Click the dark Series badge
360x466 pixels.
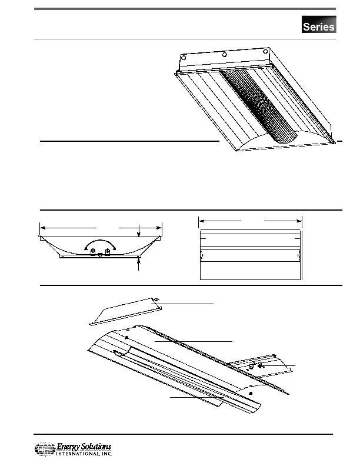[x=319, y=24]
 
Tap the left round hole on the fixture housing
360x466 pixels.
[x=184, y=57]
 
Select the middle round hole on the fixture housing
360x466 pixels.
[x=225, y=54]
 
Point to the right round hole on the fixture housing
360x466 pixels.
[x=265, y=51]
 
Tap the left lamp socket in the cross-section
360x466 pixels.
[x=93, y=252]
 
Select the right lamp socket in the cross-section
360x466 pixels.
[x=108, y=252]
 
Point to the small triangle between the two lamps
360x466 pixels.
[x=101, y=255]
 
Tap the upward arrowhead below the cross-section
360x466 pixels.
[x=139, y=261]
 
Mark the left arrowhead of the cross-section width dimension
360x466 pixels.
[x=43, y=228]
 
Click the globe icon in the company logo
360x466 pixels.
[x=45, y=449]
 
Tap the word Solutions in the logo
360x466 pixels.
[x=96, y=447]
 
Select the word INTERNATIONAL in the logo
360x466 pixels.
[x=78, y=454]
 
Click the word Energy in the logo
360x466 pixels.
[x=68, y=447]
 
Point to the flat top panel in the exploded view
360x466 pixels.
[x=126, y=312]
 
